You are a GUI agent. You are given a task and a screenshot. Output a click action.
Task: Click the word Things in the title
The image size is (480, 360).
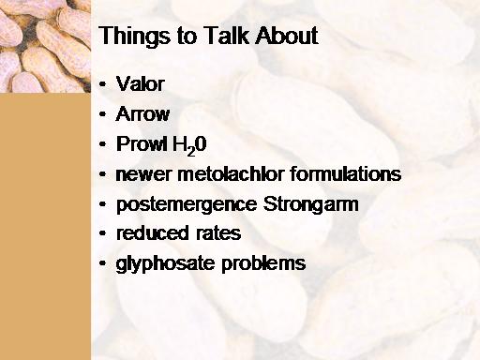click(x=134, y=37)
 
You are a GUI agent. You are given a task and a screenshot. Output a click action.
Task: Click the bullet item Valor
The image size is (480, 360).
click(x=140, y=83)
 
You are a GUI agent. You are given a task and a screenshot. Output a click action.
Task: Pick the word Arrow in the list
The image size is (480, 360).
click(x=142, y=113)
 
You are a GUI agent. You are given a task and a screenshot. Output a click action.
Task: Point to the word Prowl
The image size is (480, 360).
click(x=142, y=143)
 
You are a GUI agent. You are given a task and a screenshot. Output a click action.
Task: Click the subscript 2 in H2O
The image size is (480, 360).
click(x=191, y=151)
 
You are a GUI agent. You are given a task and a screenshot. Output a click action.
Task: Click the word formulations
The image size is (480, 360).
click(x=346, y=173)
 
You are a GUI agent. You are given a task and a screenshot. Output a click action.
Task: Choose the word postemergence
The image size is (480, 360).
click(x=187, y=205)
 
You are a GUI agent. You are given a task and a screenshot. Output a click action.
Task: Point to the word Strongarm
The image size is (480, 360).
click(x=310, y=204)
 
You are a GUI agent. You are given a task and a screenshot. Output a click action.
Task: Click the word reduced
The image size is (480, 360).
click(x=153, y=233)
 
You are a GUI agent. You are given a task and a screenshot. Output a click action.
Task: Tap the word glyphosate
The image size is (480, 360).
click(x=166, y=263)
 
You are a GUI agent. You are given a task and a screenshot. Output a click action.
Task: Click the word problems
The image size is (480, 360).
click(x=263, y=263)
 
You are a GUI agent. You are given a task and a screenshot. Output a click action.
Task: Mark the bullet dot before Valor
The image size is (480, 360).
click(x=102, y=84)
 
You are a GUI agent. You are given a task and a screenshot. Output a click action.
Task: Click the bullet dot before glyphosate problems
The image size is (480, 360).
click(x=102, y=263)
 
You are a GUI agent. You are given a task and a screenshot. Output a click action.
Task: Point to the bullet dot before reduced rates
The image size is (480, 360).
click(x=102, y=233)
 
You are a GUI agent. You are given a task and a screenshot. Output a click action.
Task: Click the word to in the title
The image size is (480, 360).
click(x=187, y=36)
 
